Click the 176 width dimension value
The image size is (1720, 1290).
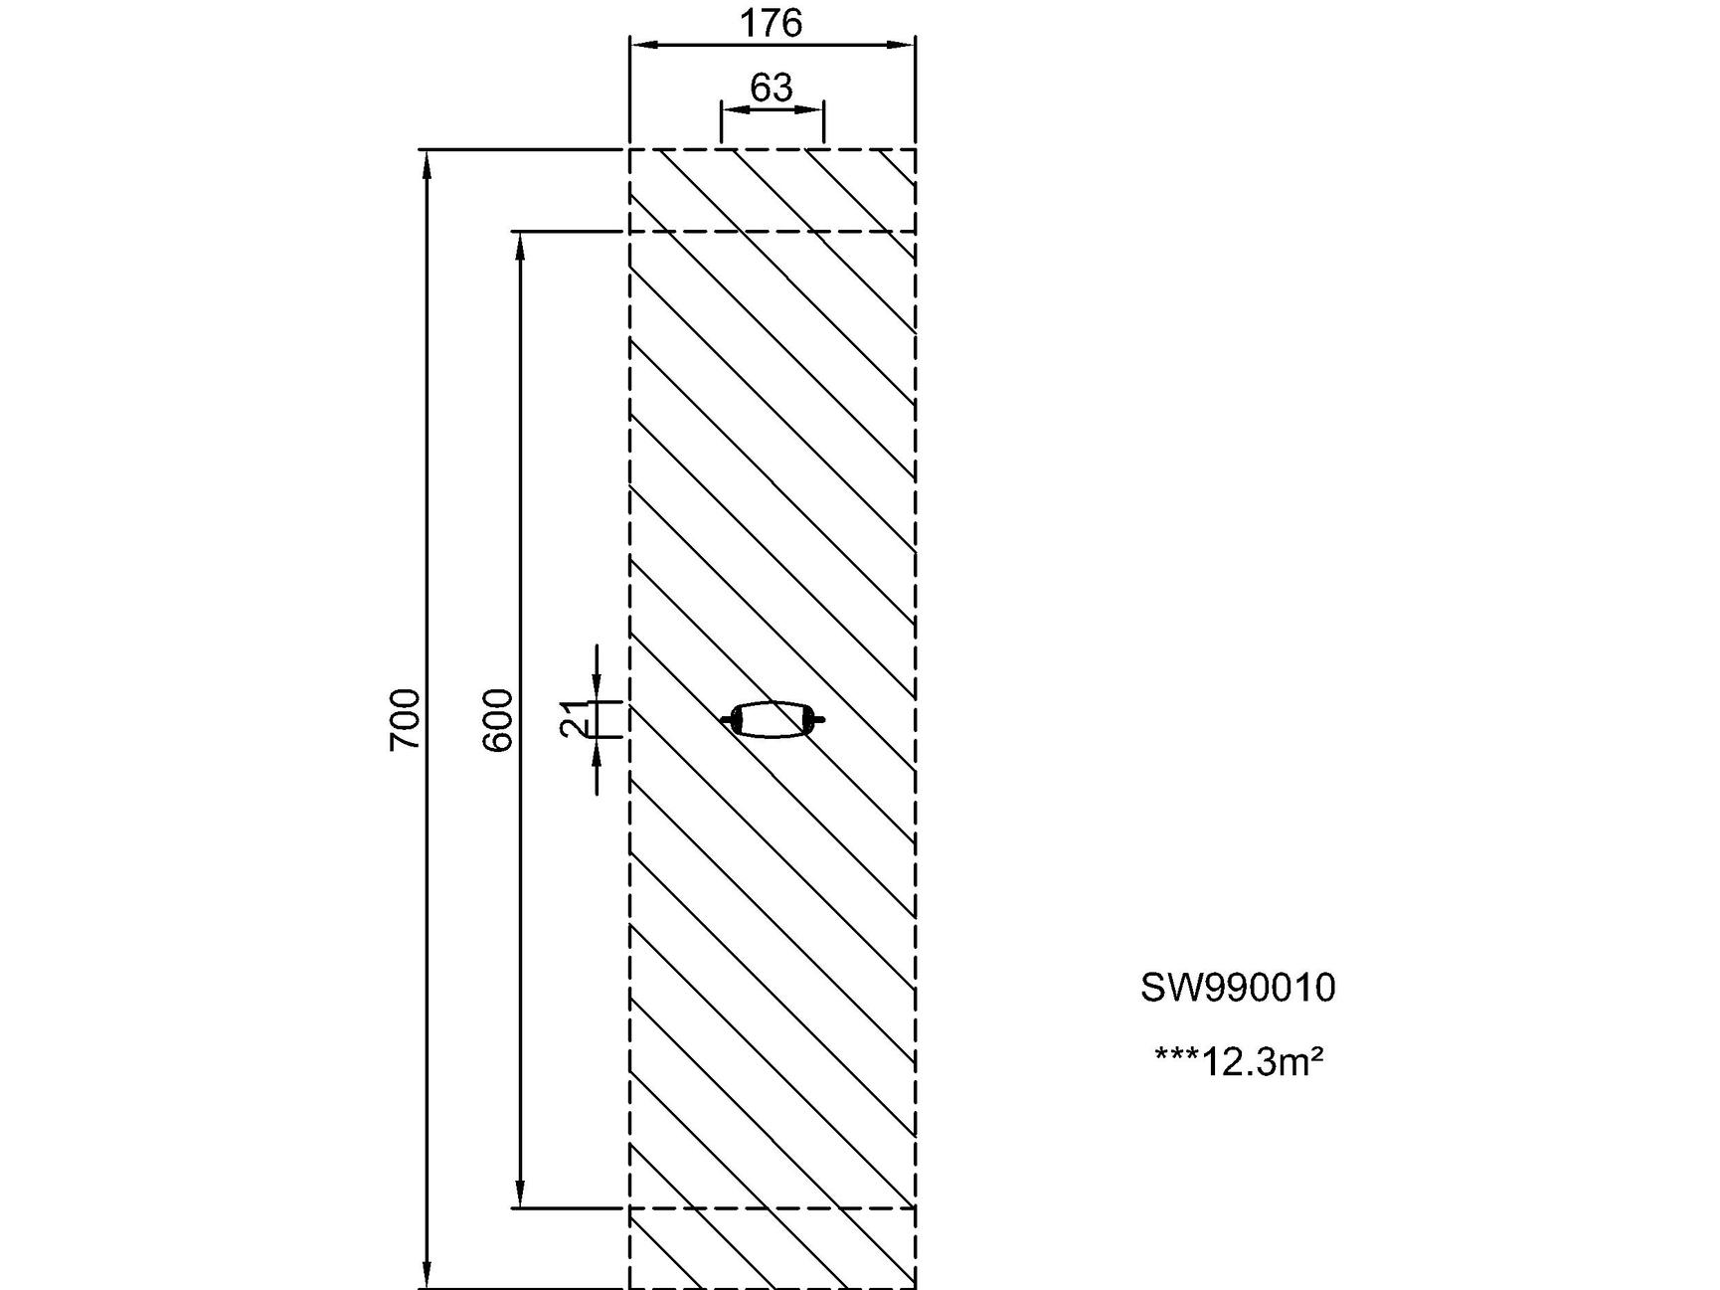[x=771, y=23]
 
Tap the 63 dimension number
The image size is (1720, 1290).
[x=772, y=89]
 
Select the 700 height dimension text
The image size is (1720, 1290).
[x=406, y=718]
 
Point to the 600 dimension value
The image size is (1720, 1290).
[x=497, y=718]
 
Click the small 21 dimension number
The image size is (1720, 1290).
[x=574, y=718]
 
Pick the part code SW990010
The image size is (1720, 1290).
[x=1238, y=988]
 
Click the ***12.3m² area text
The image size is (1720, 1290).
[x=1239, y=1061]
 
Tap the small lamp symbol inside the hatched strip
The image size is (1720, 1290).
[x=773, y=718]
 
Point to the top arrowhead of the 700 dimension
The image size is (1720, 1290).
[x=428, y=162]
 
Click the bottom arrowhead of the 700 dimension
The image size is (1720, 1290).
[x=428, y=1276]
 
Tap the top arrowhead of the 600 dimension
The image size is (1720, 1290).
[x=519, y=245]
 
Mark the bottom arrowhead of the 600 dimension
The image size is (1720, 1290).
[x=519, y=1195]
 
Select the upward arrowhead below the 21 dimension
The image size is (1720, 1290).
[x=597, y=749]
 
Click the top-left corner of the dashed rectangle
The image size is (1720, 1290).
[x=630, y=149]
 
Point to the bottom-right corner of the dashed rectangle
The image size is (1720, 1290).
[x=915, y=1288]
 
